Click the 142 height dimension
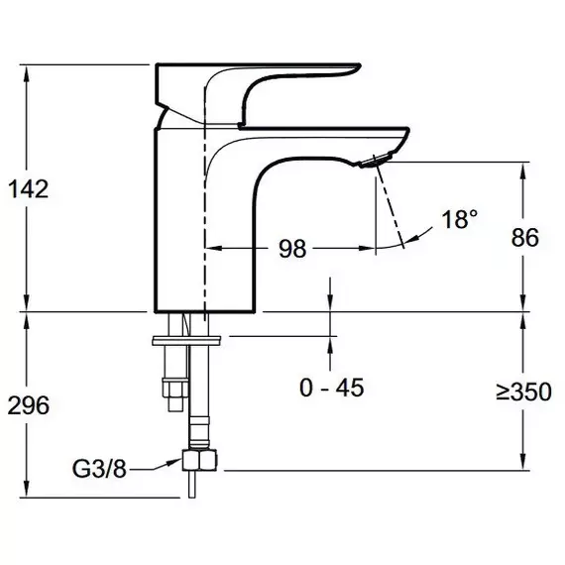click(x=28, y=189)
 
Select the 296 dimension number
click(x=28, y=405)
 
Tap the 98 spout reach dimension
click(x=292, y=248)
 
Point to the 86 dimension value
click(x=525, y=238)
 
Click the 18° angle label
click(x=460, y=219)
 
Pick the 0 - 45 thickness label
click(x=331, y=388)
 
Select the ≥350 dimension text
click(x=523, y=392)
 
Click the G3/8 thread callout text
click(x=99, y=469)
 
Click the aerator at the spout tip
click(x=377, y=161)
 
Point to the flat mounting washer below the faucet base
click(x=186, y=341)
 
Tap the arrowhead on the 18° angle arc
click(x=413, y=239)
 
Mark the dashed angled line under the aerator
click(x=390, y=202)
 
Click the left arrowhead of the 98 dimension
click(x=214, y=248)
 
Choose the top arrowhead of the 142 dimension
click(x=26, y=75)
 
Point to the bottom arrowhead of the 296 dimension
click(x=26, y=489)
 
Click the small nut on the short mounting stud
click(x=175, y=388)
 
